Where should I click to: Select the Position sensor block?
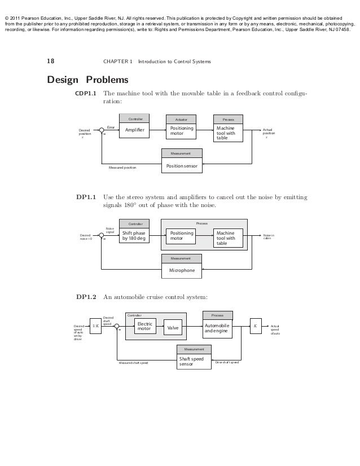(181, 165)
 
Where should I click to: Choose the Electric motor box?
(145, 327)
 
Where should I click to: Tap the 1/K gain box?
(95, 326)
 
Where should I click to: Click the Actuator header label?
(181, 120)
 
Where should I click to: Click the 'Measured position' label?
(122, 168)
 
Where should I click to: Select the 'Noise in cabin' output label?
(269, 236)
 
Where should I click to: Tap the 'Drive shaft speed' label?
(227, 362)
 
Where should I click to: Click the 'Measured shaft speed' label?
(133, 363)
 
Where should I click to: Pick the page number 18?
(50, 61)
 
